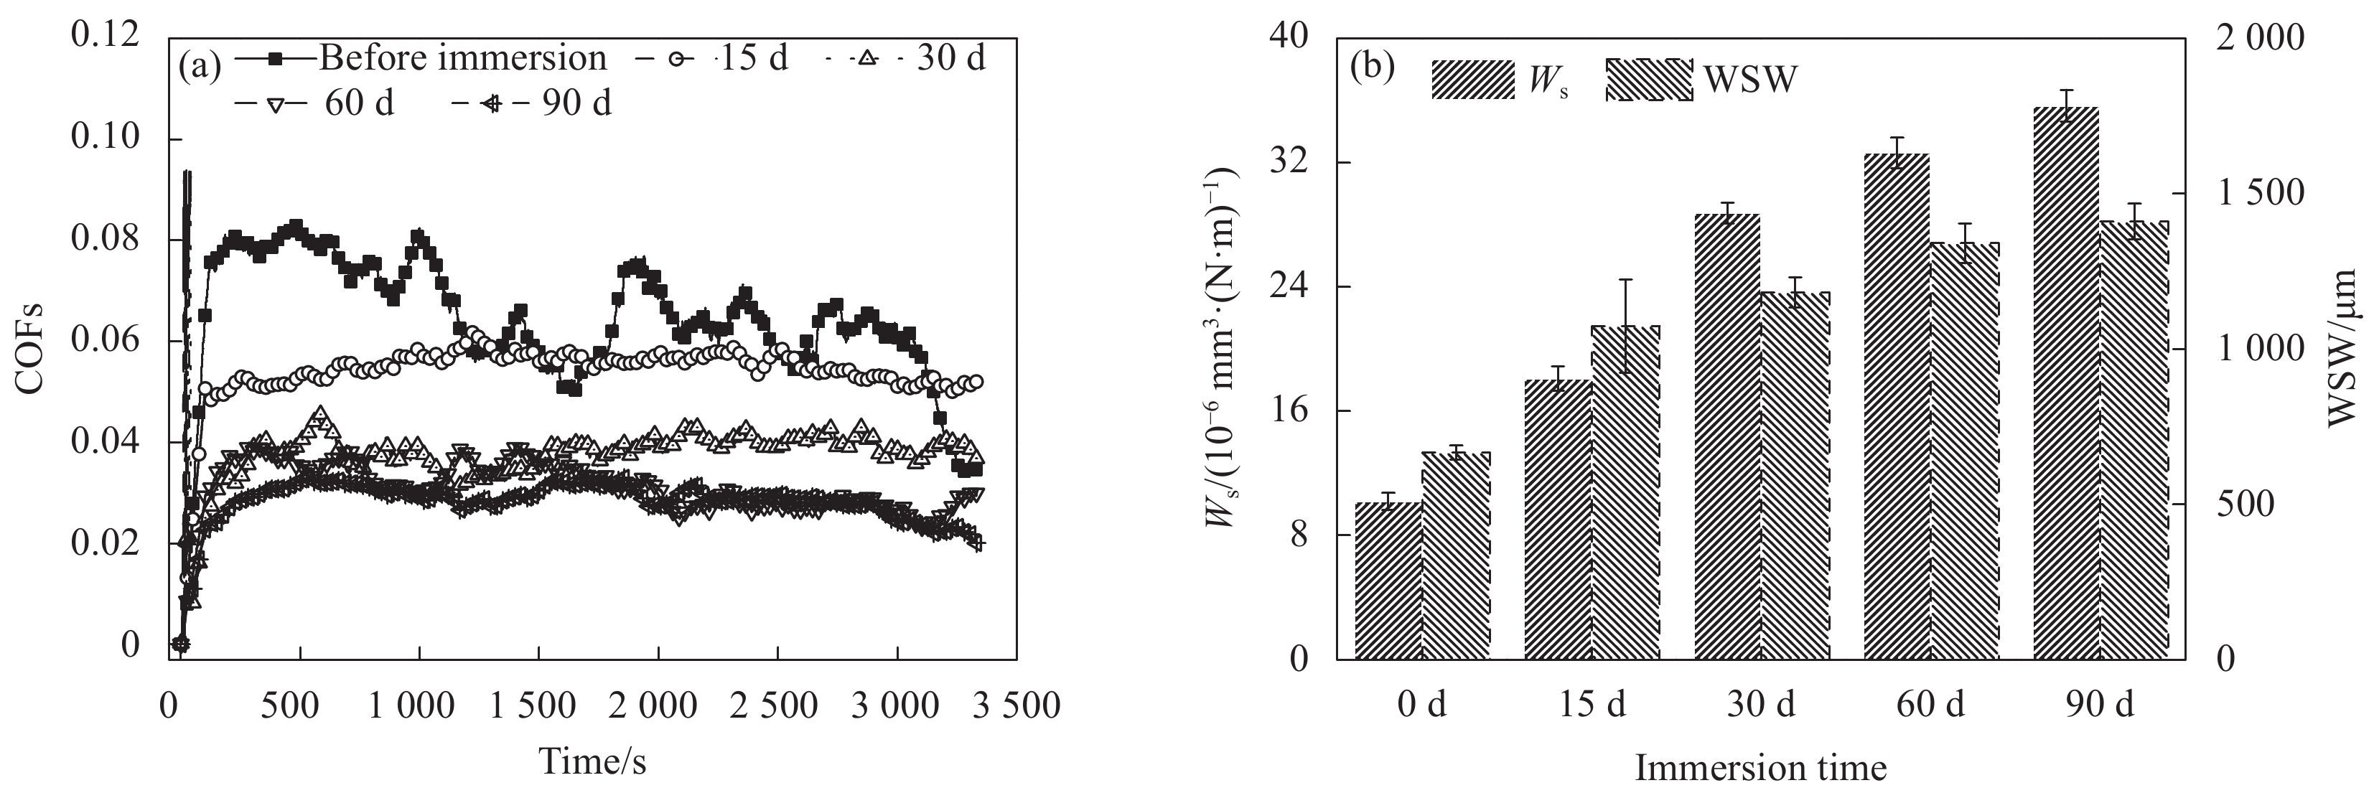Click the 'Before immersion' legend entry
(x=462, y=59)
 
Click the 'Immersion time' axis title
(x=1760, y=767)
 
